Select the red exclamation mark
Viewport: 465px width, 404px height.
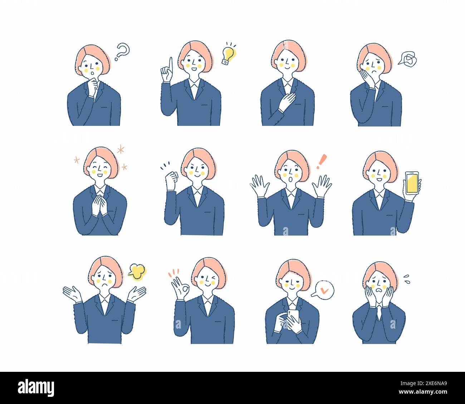tap(322, 161)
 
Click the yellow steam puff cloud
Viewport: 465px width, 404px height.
tap(137, 272)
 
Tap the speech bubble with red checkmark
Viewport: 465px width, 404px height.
tap(324, 289)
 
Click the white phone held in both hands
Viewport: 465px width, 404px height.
tap(293, 317)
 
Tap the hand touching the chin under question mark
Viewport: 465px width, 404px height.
tap(92, 88)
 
